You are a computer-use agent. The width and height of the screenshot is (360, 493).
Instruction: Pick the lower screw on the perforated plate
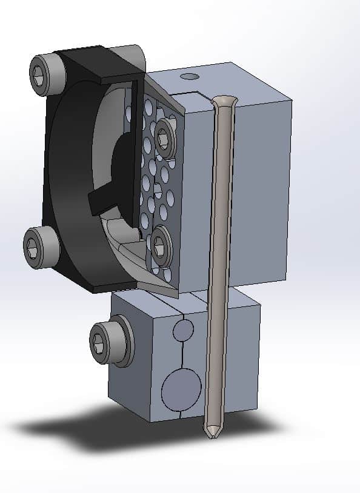pos(160,245)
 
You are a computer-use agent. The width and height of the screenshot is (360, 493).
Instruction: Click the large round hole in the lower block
pos(181,388)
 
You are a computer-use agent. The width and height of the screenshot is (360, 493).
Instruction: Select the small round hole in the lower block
pos(183,330)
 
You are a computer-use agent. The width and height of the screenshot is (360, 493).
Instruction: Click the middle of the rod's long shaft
pos(218,266)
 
